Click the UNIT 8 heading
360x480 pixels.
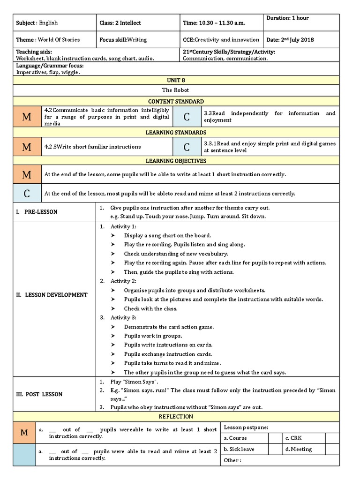point(176,81)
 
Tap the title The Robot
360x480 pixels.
point(176,90)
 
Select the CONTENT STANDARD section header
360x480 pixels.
point(176,101)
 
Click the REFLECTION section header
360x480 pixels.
point(176,416)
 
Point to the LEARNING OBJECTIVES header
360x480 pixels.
point(176,161)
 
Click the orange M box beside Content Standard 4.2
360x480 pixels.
point(27,117)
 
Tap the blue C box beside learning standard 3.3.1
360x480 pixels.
point(187,147)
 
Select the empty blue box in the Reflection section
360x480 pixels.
point(24,455)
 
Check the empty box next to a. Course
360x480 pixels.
point(274,438)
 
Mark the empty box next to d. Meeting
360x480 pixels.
point(332,449)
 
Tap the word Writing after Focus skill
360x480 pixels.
point(137,40)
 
